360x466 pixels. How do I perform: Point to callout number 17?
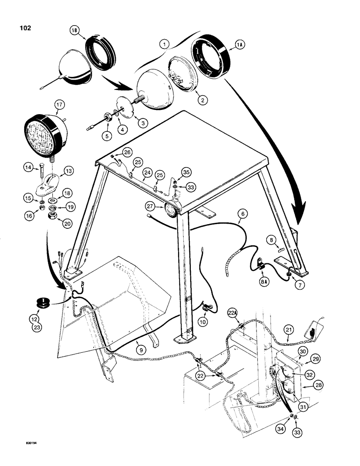[59, 104]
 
